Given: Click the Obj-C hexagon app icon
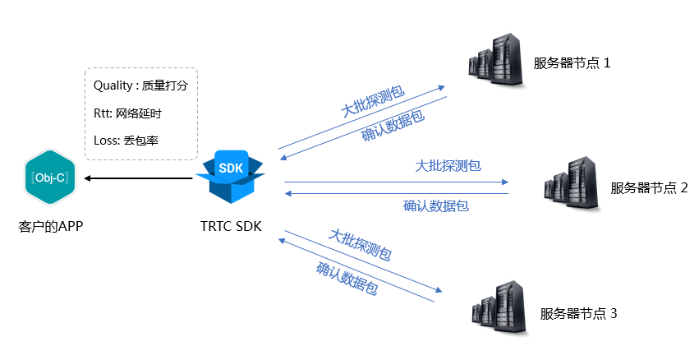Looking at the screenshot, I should point(49,177).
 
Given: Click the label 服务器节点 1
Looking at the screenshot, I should point(572,62).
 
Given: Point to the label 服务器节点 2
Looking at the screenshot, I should point(649,187).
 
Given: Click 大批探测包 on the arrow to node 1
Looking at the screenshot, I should point(372,100).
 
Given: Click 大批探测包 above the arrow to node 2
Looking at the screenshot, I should point(448,165).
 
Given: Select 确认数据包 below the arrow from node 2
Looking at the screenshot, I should point(436,205).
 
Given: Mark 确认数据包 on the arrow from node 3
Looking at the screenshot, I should point(347,279).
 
